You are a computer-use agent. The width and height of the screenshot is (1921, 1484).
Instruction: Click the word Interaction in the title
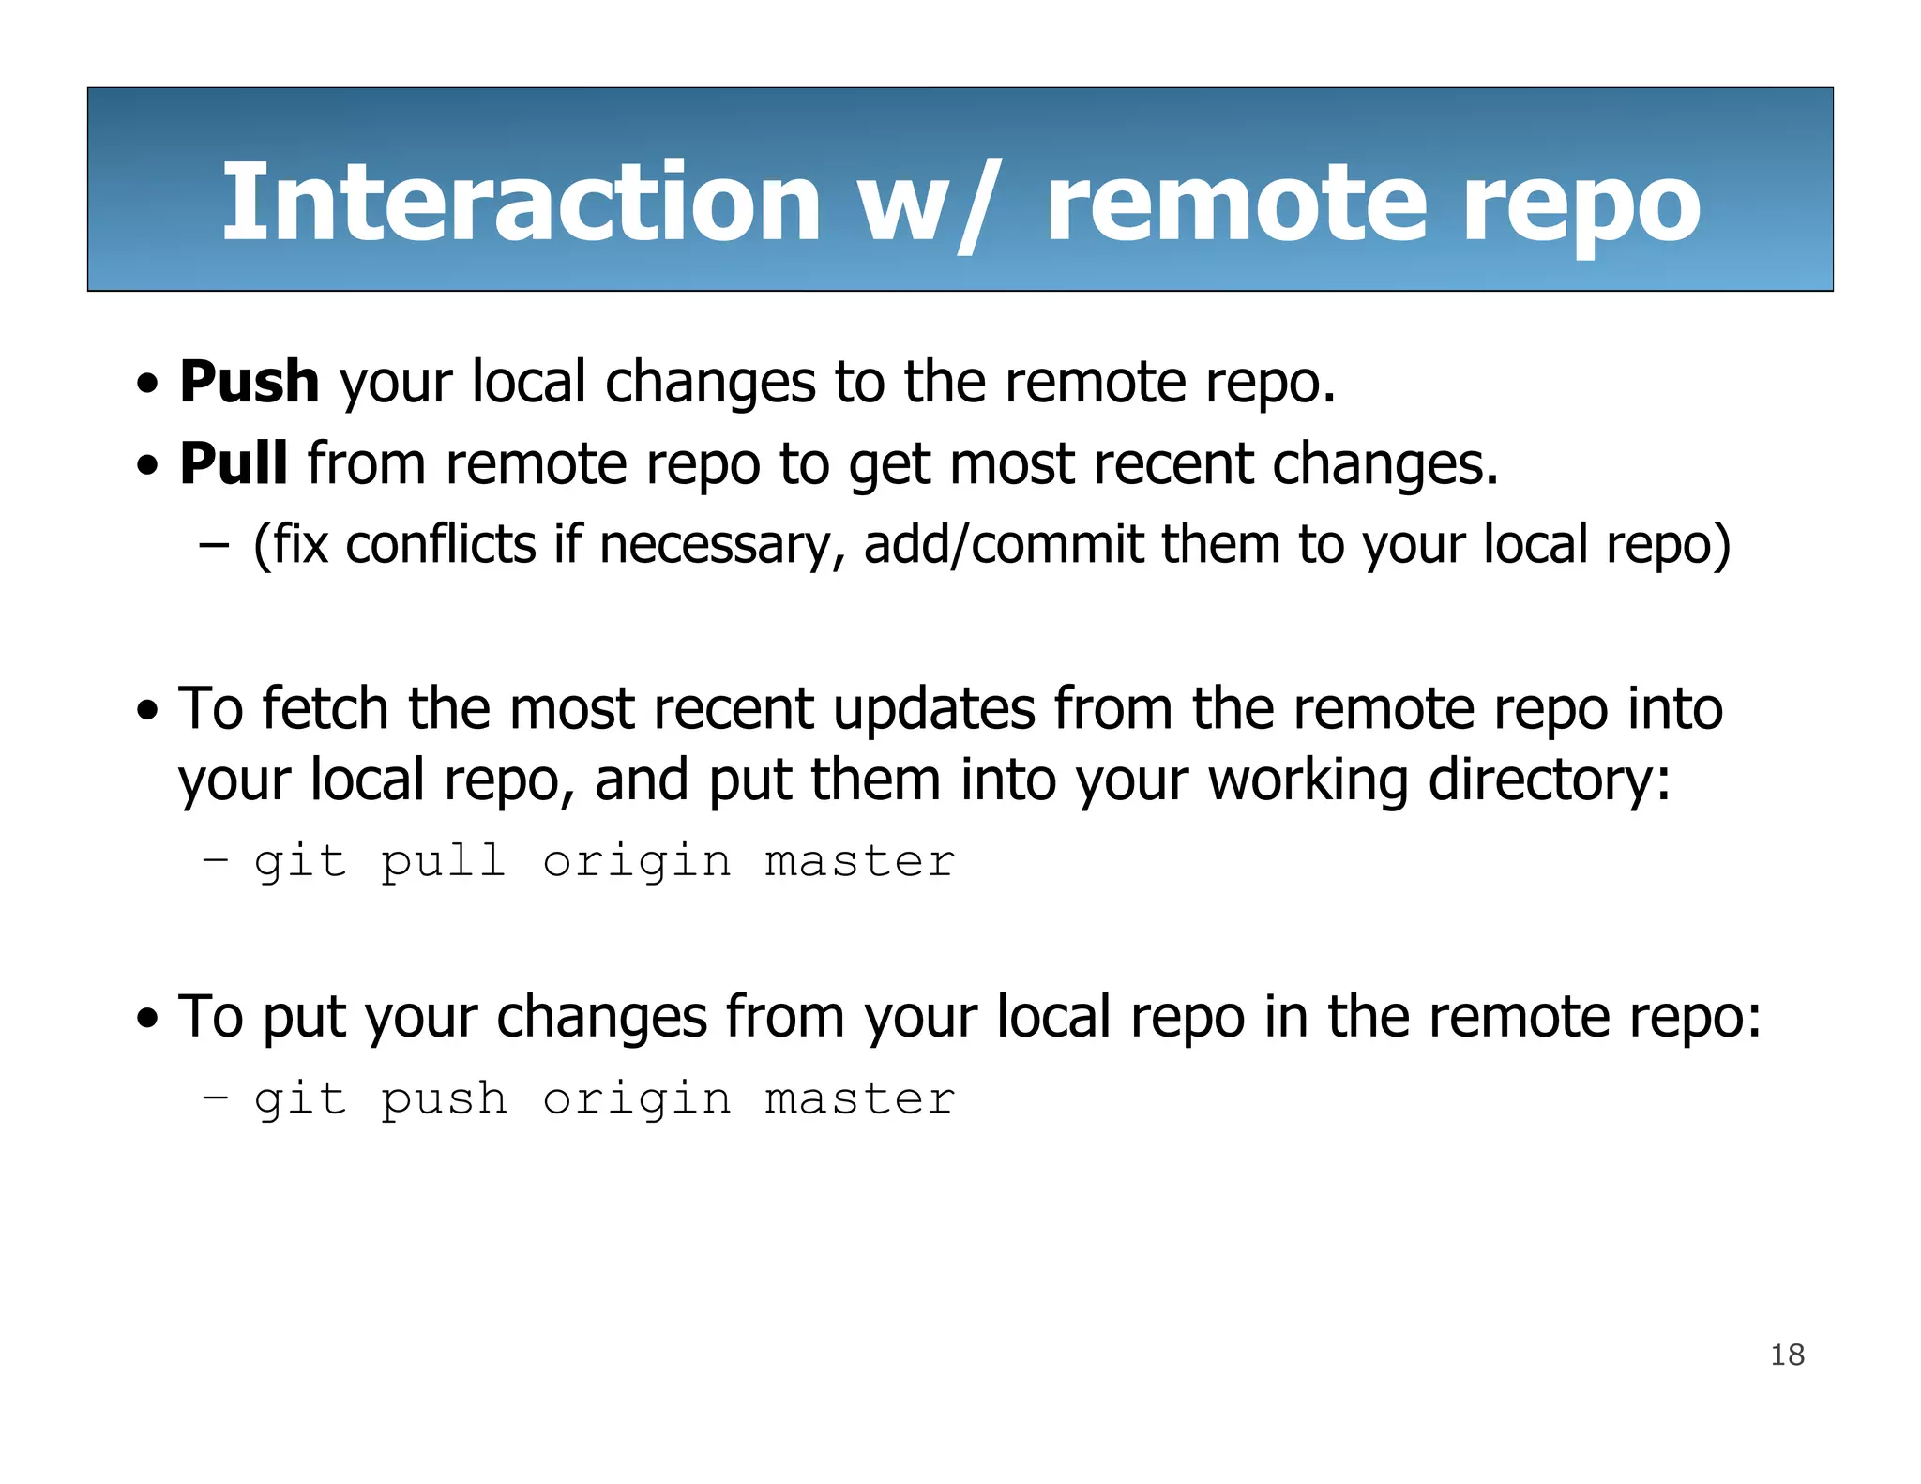pos(522,203)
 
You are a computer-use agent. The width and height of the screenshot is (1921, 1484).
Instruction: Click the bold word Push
pos(250,382)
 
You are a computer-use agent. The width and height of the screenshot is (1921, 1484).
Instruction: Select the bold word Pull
pos(233,463)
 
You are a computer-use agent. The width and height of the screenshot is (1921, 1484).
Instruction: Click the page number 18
pos(1787,1355)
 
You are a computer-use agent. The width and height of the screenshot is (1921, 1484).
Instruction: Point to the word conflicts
pos(440,545)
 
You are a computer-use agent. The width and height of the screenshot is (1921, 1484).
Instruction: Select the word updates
pos(933,710)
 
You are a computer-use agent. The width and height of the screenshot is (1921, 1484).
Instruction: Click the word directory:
pos(1549,781)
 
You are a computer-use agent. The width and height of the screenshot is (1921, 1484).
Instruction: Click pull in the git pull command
pos(444,862)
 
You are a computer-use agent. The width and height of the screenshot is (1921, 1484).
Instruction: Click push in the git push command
pos(444,1099)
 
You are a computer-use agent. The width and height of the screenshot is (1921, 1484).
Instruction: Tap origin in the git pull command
pos(637,862)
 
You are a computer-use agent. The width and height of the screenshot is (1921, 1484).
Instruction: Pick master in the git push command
pos(859,1099)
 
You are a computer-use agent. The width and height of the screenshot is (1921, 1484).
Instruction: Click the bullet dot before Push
pos(147,385)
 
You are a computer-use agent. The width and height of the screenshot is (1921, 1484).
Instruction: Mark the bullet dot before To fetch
pos(147,711)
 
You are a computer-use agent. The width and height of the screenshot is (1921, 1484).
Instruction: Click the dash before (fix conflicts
pos(215,545)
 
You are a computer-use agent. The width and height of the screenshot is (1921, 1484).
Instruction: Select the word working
pos(1308,781)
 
